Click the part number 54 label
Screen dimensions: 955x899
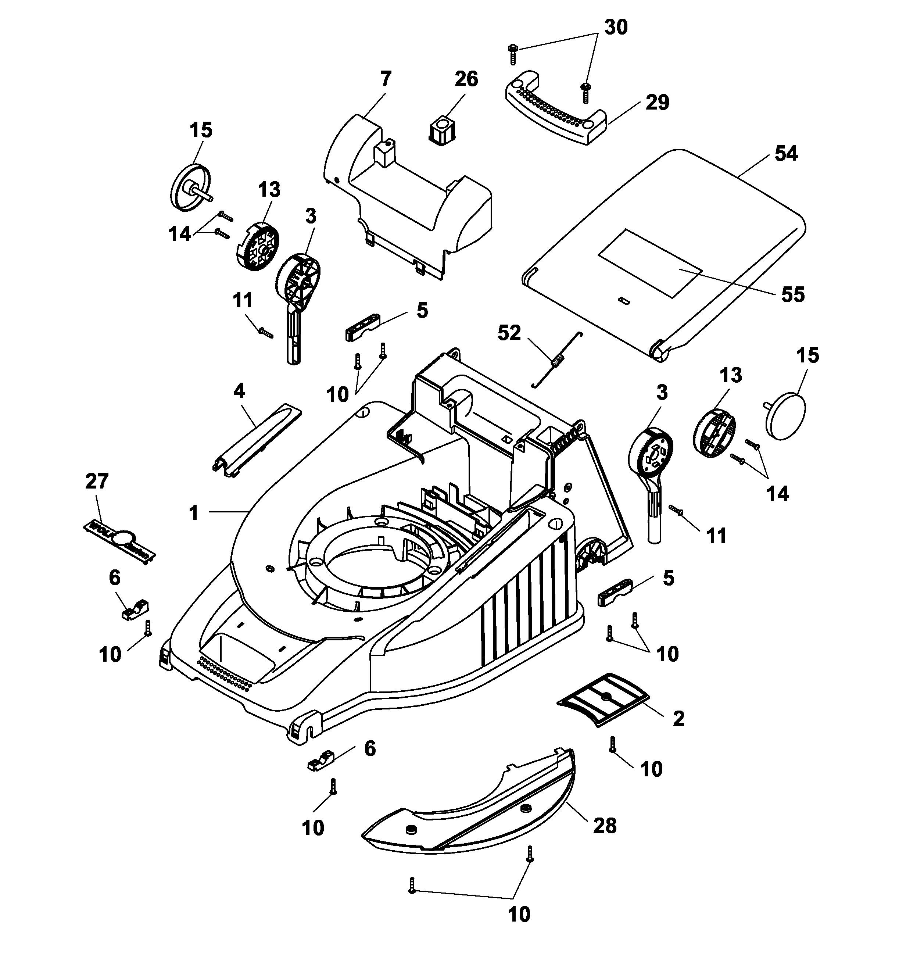tap(786, 154)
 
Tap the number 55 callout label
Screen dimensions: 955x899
tap(792, 294)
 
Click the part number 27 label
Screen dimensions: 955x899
tap(97, 481)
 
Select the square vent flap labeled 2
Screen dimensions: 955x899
tap(603, 698)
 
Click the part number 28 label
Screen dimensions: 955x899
tap(605, 826)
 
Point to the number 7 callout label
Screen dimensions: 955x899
tap(386, 79)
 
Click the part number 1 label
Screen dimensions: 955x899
tap(194, 513)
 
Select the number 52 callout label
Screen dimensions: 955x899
tap(509, 333)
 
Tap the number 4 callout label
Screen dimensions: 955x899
tap(239, 391)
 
